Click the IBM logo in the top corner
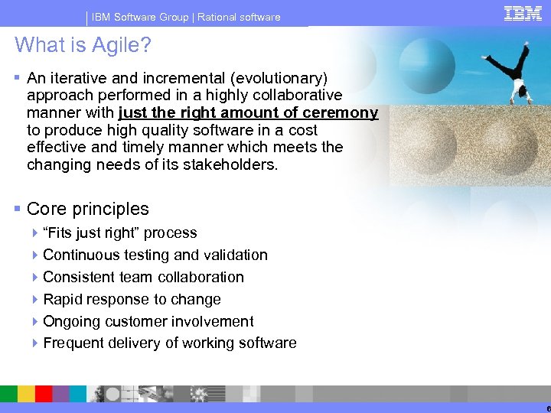pyautogui.click(x=523, y=13)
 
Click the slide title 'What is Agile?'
pyautogui.click(x=83, y=46)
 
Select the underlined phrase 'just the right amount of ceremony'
pyautogui.click(x=248, y=113)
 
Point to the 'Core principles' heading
pyautogui.click(x=87, y=209)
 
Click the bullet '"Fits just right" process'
pyautogui.click(x=120, y=233)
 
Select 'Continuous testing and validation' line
pyautogui.click(x=155, y=255)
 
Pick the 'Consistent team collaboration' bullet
pyautogui.click(x=143, y=278)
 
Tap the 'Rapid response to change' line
pyautogui.click(x=132, y=300)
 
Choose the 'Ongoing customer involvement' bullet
pyautogui.click(x=148, y=322)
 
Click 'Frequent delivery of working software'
pyautogui.click(x=169, y=343)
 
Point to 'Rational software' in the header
pyautogui.click(x=239, y=17)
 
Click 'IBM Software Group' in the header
pyautogui.click(x=140, y=17)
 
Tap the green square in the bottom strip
pyautogui.click(x=8, y=394)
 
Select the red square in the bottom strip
pyautogui.click(x=44, y=394)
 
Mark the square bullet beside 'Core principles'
pyautogui.click(x=18, y=209)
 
